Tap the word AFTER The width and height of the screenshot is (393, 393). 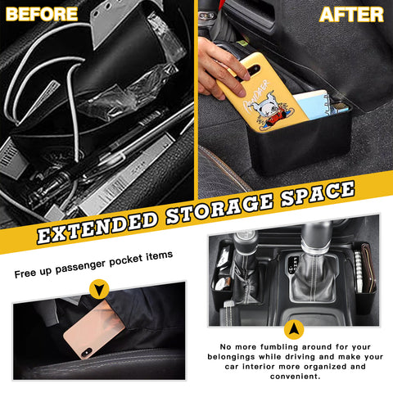click(351, 14)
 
